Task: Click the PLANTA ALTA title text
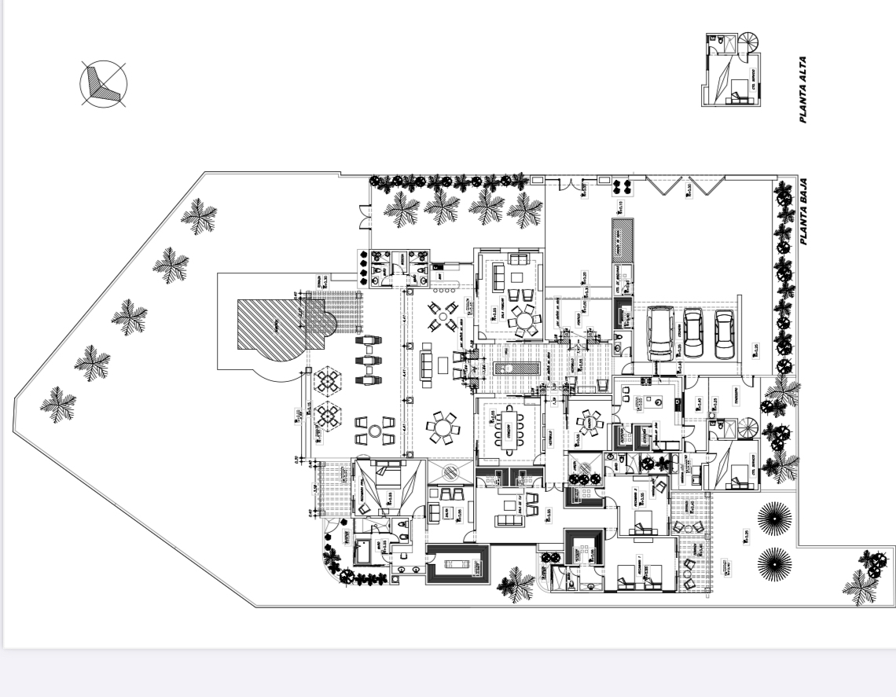tap(803, 89)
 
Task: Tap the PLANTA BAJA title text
tap(803, 213)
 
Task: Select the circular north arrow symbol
tap(103, 83)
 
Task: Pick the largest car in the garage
tap(661, 332)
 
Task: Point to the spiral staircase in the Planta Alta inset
tap(750, 42)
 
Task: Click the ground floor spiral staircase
tap(749, 429)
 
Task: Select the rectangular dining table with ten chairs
tap(507, 430)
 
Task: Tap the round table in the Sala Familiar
tap(522, 320)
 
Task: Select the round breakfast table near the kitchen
tap(589, 425)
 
